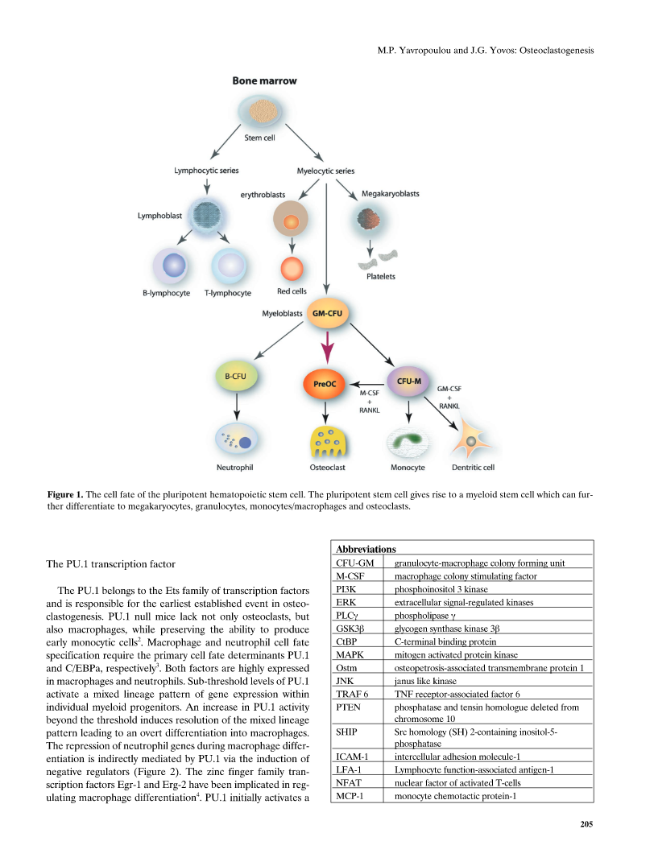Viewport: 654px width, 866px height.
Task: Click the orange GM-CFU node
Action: pos(327,313)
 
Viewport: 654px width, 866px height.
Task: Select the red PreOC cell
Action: pos(325,384)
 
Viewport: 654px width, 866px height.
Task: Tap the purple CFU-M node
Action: pos(408,381)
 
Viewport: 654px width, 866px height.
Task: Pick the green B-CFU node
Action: pos(236,376)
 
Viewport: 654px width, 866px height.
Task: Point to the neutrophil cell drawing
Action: pos(236,439)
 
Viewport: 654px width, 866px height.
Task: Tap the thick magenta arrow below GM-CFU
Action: pos(328,348)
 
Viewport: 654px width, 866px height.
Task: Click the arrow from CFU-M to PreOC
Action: pos(367,385)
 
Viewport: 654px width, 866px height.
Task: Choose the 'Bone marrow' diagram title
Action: pos(264,80)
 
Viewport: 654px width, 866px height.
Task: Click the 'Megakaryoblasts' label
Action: pos(391,194)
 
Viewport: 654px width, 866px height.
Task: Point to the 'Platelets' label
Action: pos(381,276)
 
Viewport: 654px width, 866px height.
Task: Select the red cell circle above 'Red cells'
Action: pos(292,269)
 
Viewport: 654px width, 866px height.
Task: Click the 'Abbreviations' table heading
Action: pos(366,549)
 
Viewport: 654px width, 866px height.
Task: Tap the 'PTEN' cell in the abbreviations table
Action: pos(348,707)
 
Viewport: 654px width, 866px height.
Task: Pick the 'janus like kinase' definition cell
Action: pos(425,681)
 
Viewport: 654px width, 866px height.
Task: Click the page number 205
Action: pos(586,824)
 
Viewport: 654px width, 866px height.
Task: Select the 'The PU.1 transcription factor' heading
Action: pos(110,564)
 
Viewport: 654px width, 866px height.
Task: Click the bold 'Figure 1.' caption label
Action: pos(65,494)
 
